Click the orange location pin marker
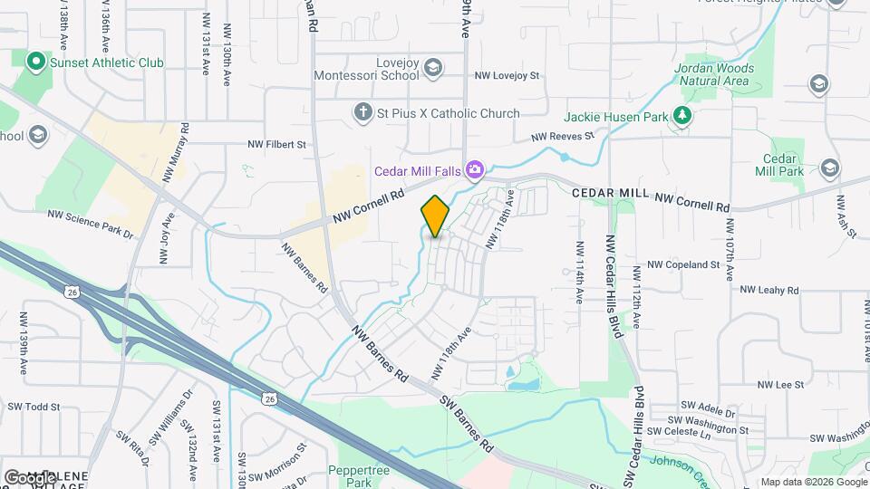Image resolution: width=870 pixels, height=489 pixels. [x=435, y=216]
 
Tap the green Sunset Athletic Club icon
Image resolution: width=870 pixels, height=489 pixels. [x=36, y=62]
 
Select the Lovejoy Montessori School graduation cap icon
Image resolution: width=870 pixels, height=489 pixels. [x=433, y=67]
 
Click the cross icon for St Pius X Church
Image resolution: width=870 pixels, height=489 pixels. [x=362, y=113]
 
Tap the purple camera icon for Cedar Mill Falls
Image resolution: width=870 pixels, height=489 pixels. [x=473, y=170]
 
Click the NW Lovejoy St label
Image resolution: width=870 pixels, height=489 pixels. [x=507, y=75]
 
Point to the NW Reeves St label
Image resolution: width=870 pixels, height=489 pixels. [x=562, y=137]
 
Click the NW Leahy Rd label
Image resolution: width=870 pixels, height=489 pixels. [x=769, y=290]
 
